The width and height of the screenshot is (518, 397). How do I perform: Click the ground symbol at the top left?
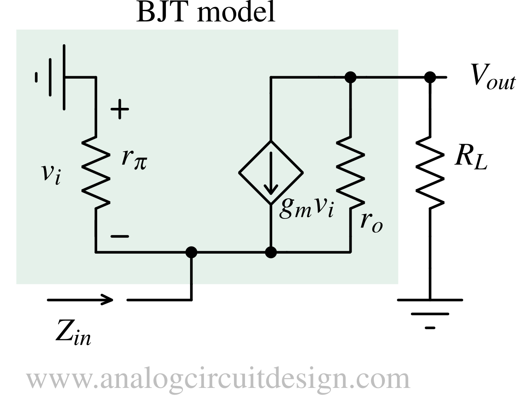coord(51,77)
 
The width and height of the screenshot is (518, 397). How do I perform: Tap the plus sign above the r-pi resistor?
coord(120,109)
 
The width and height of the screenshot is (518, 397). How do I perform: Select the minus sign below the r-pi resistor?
coord(119,236)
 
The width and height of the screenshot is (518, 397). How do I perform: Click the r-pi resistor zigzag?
coord(96,172)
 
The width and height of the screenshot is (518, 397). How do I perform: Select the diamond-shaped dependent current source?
coord(271,172)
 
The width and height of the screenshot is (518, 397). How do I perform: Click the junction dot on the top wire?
coord(350,77)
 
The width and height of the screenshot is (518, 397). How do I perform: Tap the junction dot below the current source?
coord(271,252)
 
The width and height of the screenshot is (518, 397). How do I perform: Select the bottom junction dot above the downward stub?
coord(192,252)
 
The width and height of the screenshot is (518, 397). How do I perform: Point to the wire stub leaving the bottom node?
coord(192,271)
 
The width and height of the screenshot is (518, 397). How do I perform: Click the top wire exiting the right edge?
coord(379,77)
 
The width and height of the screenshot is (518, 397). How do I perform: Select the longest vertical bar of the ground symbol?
coord(64,77)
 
